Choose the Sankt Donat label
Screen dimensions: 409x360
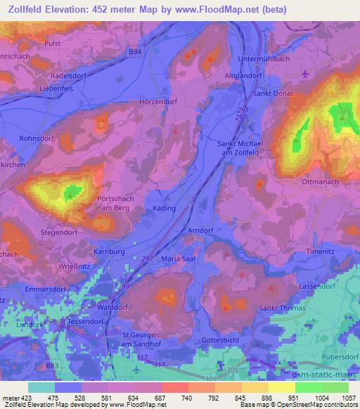pos(268,93)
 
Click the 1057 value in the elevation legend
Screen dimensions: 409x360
pos(347,398)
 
